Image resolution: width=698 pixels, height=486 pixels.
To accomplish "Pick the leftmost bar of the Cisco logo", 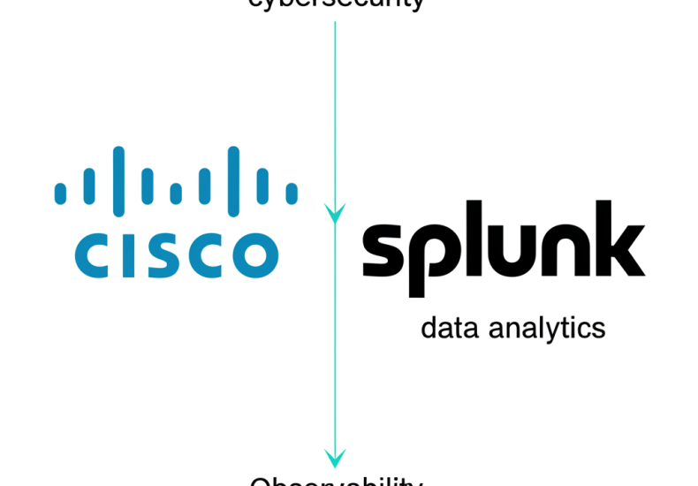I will click(60, 193).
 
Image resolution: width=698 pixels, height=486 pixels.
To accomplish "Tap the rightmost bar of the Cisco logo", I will click(292, 193).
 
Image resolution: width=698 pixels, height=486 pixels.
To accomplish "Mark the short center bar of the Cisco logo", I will click(176, 193).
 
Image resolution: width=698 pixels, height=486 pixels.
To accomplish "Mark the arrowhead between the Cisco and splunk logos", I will click(335, 212).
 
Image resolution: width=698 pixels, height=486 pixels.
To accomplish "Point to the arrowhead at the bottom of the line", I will click(335, 457).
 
